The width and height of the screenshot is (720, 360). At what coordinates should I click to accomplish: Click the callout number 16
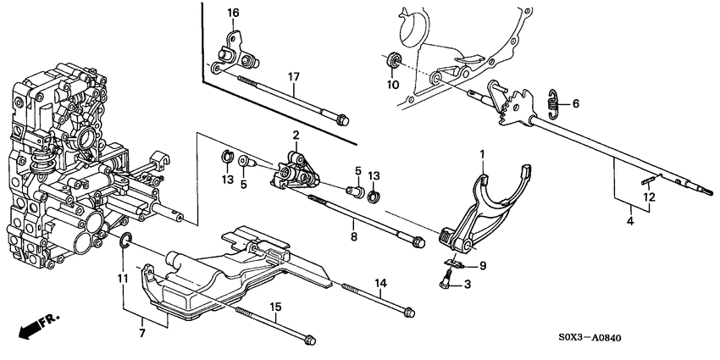click(233, 12)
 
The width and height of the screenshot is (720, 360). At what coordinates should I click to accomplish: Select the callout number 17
click(293, 77)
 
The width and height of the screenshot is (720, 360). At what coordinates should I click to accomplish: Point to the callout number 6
click(576, 103)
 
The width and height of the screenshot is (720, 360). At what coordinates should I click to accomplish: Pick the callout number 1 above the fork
click(482, 155)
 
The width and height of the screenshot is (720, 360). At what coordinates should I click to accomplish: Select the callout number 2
click(296, 135)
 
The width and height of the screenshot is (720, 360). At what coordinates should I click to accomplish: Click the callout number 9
click(483, 266)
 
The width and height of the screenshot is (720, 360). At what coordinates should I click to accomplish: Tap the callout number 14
click(380, 282)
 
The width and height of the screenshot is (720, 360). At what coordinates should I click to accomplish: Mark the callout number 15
click(274, 306)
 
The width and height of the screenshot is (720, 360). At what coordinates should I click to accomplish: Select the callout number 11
click(121, 278)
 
